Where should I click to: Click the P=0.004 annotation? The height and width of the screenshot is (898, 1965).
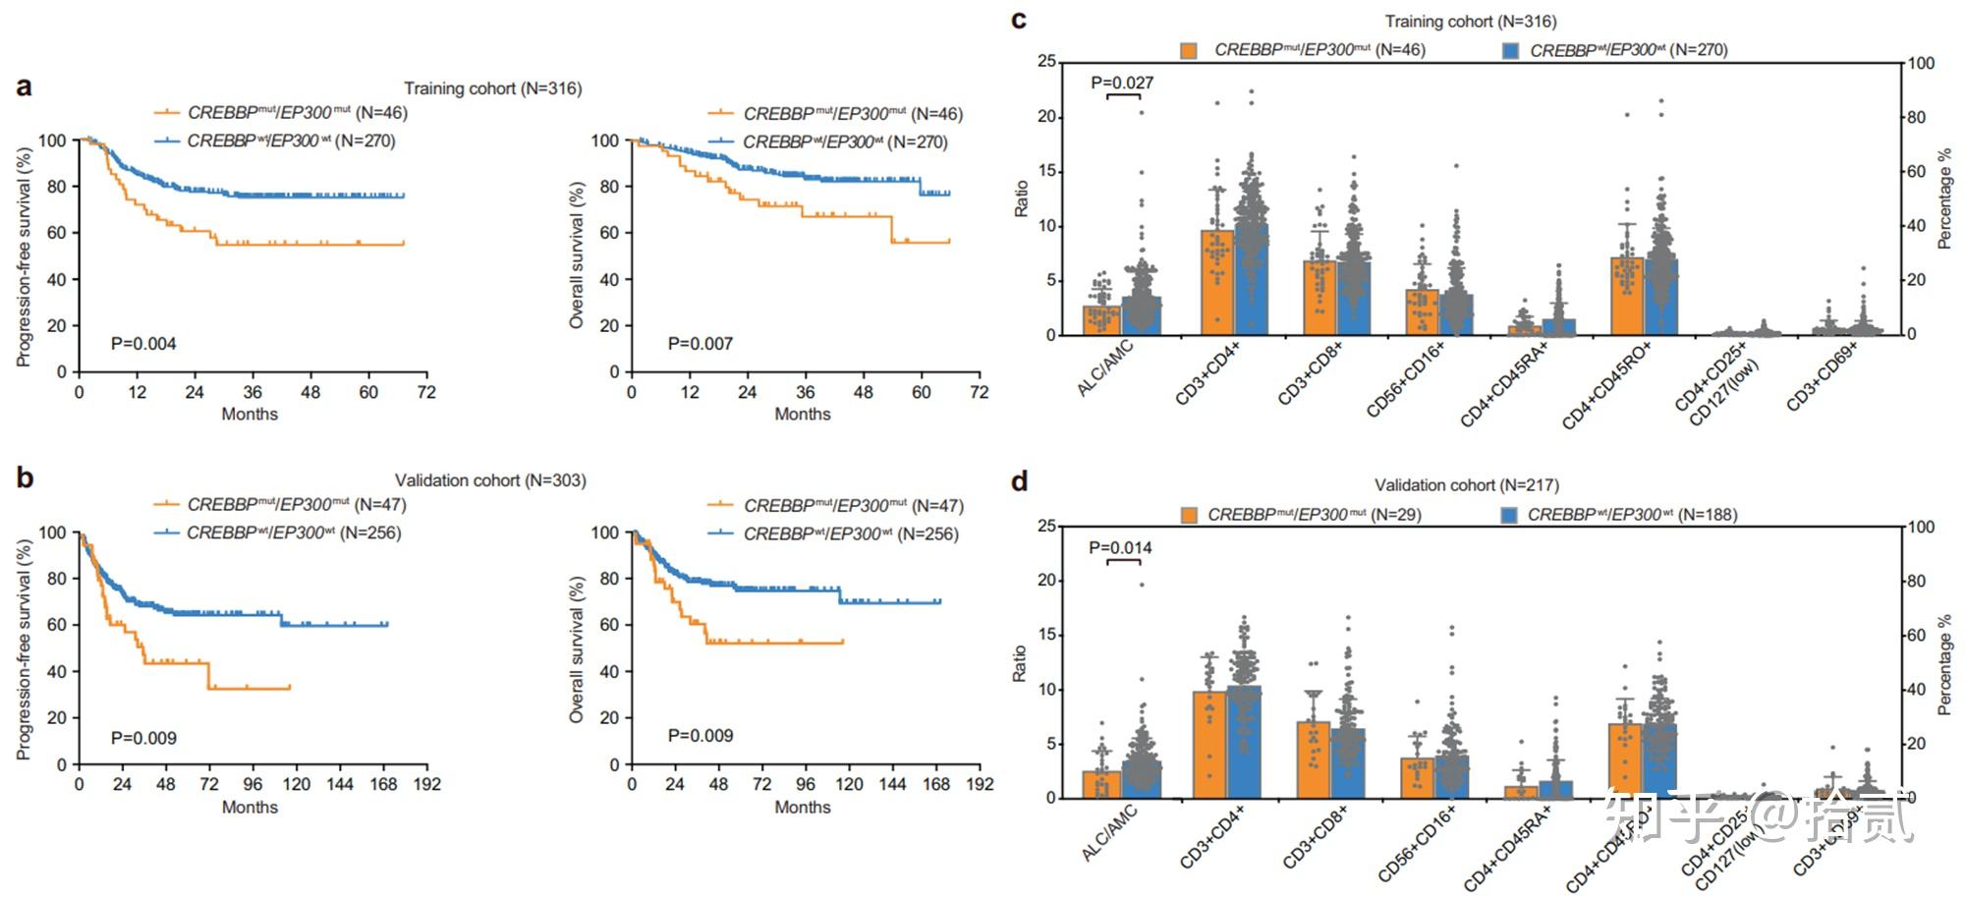pyautogui.click(x=143, y=344)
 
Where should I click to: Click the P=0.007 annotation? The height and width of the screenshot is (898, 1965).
pyautogui.click(x=700, y=344)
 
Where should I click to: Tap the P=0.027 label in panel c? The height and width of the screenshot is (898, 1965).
pyautogui.click(x=1122, y=83)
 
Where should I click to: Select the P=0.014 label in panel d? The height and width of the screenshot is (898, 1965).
pyautogui.click(x=1120, y=547)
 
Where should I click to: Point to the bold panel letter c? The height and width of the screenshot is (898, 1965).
pyautogui.click(x=1019, y=20)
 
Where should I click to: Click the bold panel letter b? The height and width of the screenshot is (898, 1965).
pyautogui.click(x=25, y=478)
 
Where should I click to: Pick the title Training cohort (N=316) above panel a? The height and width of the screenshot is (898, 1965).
pyautogui.click(x=492, y=88)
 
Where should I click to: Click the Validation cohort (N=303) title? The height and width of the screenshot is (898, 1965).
pyautogui.click(x=490, y=480)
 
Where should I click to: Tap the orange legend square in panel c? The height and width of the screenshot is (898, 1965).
pyautogui.click(x=1189, y=50)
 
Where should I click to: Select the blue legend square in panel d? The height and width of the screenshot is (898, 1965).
pyautogui.click(x=1509, y=515)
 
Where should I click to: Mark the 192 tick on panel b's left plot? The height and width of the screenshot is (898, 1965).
pyautogui.click(x=427, y=784)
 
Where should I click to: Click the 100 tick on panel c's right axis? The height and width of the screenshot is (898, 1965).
pyautogui.click(x=1921, y=64)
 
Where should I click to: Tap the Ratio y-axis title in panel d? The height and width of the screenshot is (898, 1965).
pyautogui.click(x=1020, y=664)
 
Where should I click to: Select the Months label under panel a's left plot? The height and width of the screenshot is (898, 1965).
pyautogui.click(x=250, y=415)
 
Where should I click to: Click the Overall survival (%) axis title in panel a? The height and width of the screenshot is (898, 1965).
pyautogui.click(x=577, y=255)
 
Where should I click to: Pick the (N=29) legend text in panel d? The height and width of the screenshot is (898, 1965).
pyautogui.click(x=1395, y=515)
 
